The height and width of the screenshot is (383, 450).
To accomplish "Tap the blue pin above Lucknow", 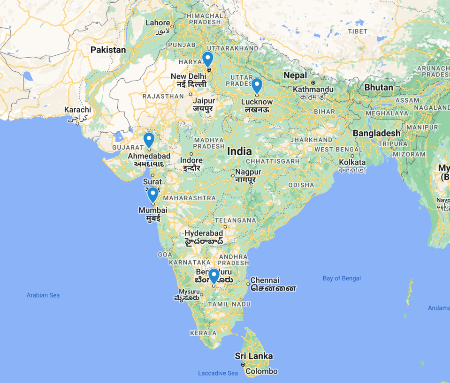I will click(257, 86).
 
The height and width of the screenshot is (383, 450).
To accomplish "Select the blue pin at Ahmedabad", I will click(149, 140).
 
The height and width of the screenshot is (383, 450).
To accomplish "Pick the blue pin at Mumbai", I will click(153, 194).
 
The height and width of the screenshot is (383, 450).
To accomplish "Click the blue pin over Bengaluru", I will click(214, 275).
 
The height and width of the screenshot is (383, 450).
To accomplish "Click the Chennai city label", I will click(265, 280).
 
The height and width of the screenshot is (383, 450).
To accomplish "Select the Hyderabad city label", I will click(204, 233).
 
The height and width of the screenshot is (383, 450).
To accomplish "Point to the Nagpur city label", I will click(248, 172).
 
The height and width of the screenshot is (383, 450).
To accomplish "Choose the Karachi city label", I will click(77, 110).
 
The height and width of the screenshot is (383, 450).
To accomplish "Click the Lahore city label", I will click(157, 23).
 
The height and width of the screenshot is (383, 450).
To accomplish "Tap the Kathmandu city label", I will click(313, 89).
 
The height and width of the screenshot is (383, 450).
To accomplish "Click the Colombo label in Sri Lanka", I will click(261, 371).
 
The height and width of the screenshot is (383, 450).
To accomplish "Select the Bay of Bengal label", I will click(342, 278).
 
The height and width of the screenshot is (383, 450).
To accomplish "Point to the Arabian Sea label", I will click(43, 295).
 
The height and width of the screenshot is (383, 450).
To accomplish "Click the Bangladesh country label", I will click(377, 133).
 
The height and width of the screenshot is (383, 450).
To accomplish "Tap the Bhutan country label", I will click(379, 88).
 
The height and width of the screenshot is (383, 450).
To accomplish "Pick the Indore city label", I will click(191, 160).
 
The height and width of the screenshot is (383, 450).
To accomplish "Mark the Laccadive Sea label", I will click(218, 373).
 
